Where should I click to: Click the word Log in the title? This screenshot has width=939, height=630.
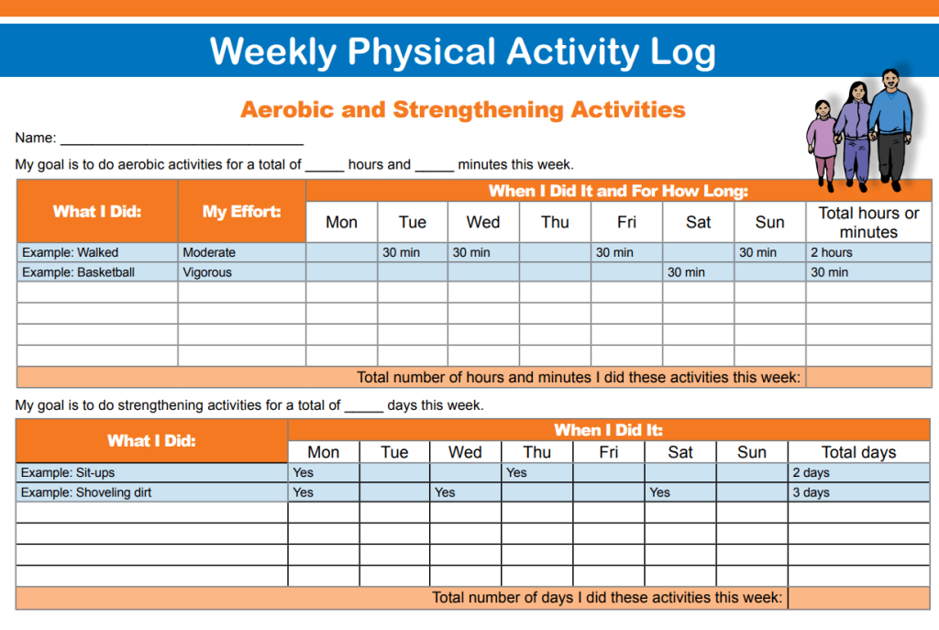pyautogui.click(x=682, y=52)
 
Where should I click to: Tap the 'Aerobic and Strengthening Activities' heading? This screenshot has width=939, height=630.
pyautogui.click(x=463, y=110)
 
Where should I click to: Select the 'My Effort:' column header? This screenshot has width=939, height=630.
pyautogui.click(x=241, y=212)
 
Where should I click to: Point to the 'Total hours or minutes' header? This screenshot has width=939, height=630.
pyautogui.click(x=868, y=222)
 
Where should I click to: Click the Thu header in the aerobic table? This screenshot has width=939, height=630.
pyautogui.click(x=555, y=222)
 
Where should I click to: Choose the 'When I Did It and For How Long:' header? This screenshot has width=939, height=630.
pyautogui.click(x=618, y=191)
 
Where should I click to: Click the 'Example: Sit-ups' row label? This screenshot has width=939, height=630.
pyautogui.click(x=68, y=472)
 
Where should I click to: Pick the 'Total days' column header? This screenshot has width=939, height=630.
pyautogui.click(x=858, y=452)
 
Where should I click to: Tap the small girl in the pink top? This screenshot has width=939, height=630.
pyautogui.click(x=823, y=144)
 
